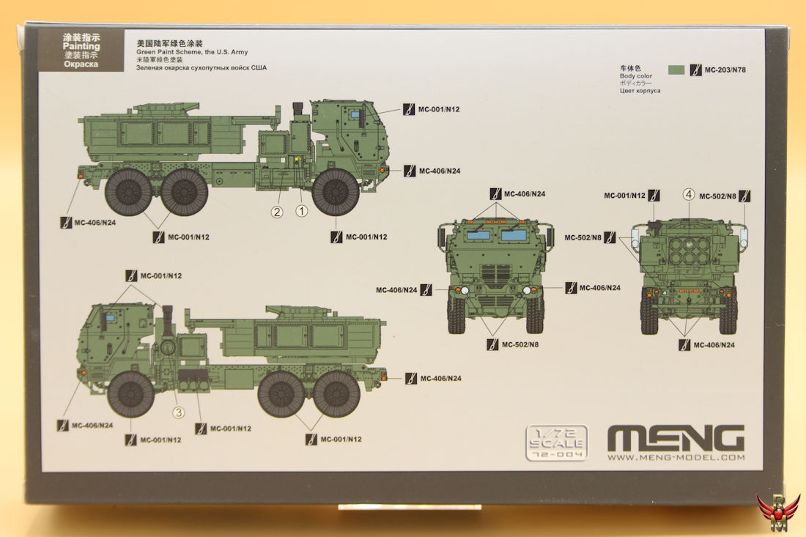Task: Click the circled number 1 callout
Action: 302,211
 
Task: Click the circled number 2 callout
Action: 277,212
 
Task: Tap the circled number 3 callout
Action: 178,412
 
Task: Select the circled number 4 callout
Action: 688,194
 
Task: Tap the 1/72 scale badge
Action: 557,442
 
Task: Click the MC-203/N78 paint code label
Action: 725,70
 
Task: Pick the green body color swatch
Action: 676,70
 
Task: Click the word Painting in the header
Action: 81,46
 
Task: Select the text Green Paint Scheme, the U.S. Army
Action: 192,52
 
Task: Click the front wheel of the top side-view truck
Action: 336,192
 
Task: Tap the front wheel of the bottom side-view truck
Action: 131,394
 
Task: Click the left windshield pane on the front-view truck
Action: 478,235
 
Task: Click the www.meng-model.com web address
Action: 676,457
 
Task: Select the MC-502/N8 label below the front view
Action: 520,344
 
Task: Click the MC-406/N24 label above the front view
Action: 525,193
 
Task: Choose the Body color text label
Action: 636,76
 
